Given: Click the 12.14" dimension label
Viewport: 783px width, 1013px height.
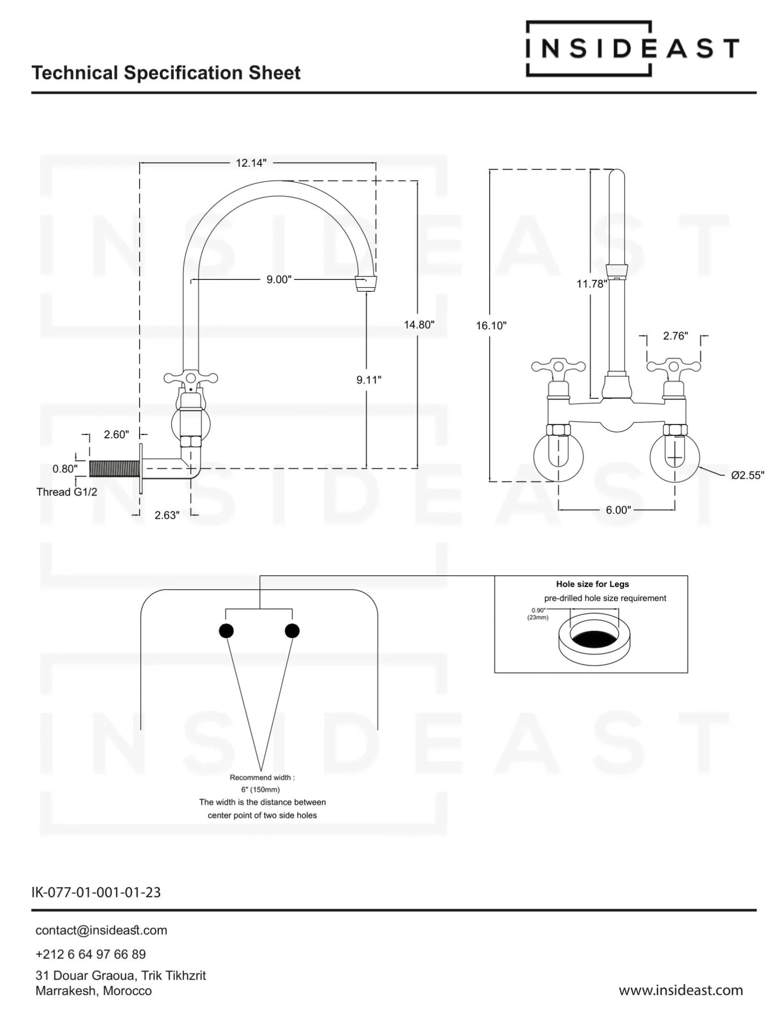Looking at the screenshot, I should coord(251,163).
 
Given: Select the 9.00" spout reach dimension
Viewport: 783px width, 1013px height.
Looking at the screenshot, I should coord(279,280).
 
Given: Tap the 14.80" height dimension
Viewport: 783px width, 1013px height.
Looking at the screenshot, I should coord(419,325).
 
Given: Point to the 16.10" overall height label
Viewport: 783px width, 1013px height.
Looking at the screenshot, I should coord(491,325).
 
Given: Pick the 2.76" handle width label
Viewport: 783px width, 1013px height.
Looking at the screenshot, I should coord(675,336).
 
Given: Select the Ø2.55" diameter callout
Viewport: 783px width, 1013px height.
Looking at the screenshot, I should coord(747,475).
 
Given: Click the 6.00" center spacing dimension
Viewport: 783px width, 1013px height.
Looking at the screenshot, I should coord(618,510).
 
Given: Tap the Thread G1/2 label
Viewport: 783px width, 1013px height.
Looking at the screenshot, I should coord(67,492).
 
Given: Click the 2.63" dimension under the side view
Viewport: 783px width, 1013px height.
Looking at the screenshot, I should coord(167,515).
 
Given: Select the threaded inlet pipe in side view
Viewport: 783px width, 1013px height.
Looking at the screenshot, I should coord(115,468).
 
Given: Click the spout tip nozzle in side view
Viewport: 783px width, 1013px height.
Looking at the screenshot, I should coord(366,284).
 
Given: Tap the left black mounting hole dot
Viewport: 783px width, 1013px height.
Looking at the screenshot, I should coord(226,631).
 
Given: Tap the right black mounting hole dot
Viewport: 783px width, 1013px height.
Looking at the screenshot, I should coord(292,631).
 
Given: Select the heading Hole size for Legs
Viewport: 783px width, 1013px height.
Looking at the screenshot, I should coord(592,584).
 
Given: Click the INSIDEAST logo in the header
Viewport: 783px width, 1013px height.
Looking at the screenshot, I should coord(632,48).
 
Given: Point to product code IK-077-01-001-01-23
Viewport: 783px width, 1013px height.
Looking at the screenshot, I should coord(96,892).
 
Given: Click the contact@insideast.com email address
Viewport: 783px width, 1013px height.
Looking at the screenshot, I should coord(101,930).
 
